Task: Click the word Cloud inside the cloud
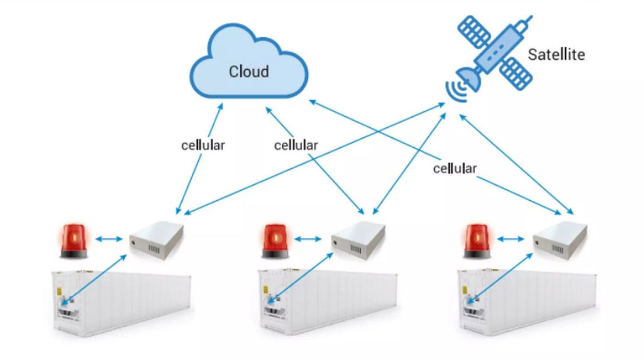[248, 71]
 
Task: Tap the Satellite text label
[556, 54]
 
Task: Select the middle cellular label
[296, 145]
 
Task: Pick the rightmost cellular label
[455, 168]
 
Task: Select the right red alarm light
[477, 242]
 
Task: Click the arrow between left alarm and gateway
[109, 239]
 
